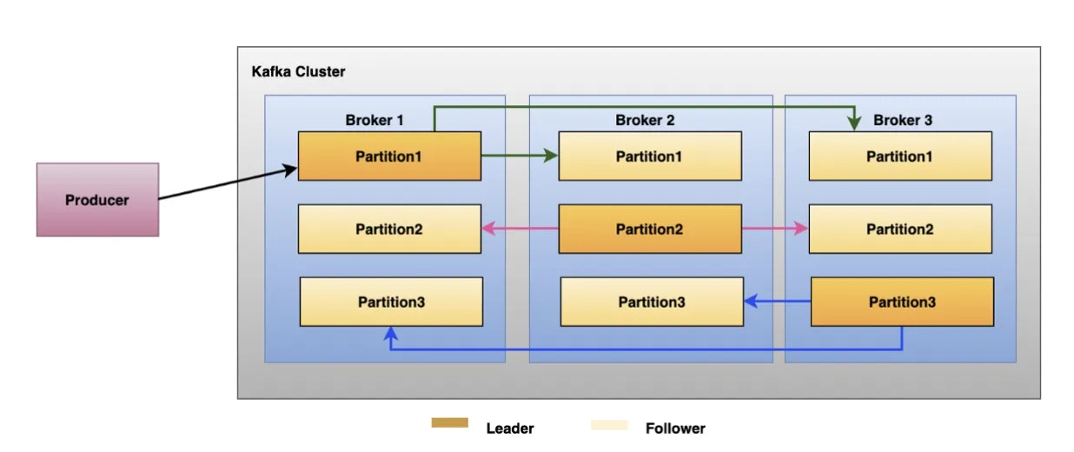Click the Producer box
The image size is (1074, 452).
click(97, 200)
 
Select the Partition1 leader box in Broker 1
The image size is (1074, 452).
click(389, 156)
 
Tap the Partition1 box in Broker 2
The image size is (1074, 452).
click(650, 156)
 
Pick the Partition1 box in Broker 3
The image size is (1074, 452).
click(899, 156)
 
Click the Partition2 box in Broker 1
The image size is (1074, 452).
click(389, 229)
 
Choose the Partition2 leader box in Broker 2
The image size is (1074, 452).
click(650, 229)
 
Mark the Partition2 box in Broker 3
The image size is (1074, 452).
click(899, 229)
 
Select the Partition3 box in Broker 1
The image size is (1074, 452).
click(391, 302)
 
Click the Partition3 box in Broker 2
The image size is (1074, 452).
click(652, 302)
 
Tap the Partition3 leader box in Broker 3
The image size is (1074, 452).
click(902, 302)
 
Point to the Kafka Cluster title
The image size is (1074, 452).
click(298, 72)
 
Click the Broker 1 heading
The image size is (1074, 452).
click(375, 120)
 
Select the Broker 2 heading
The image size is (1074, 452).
click(645, 120)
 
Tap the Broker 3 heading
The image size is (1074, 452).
click(903, 120)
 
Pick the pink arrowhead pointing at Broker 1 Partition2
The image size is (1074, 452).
click(488, 229)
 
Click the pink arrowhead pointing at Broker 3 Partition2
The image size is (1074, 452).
click(802, 229)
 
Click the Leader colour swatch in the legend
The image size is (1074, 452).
click(449, 423)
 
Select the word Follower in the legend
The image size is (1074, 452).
click(675, 428)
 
